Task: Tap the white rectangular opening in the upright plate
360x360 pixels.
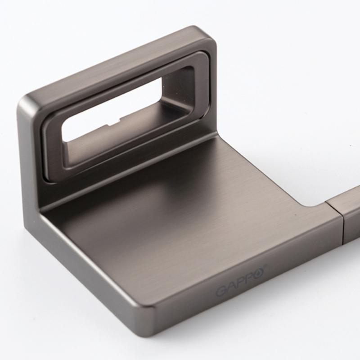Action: (110, 108)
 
